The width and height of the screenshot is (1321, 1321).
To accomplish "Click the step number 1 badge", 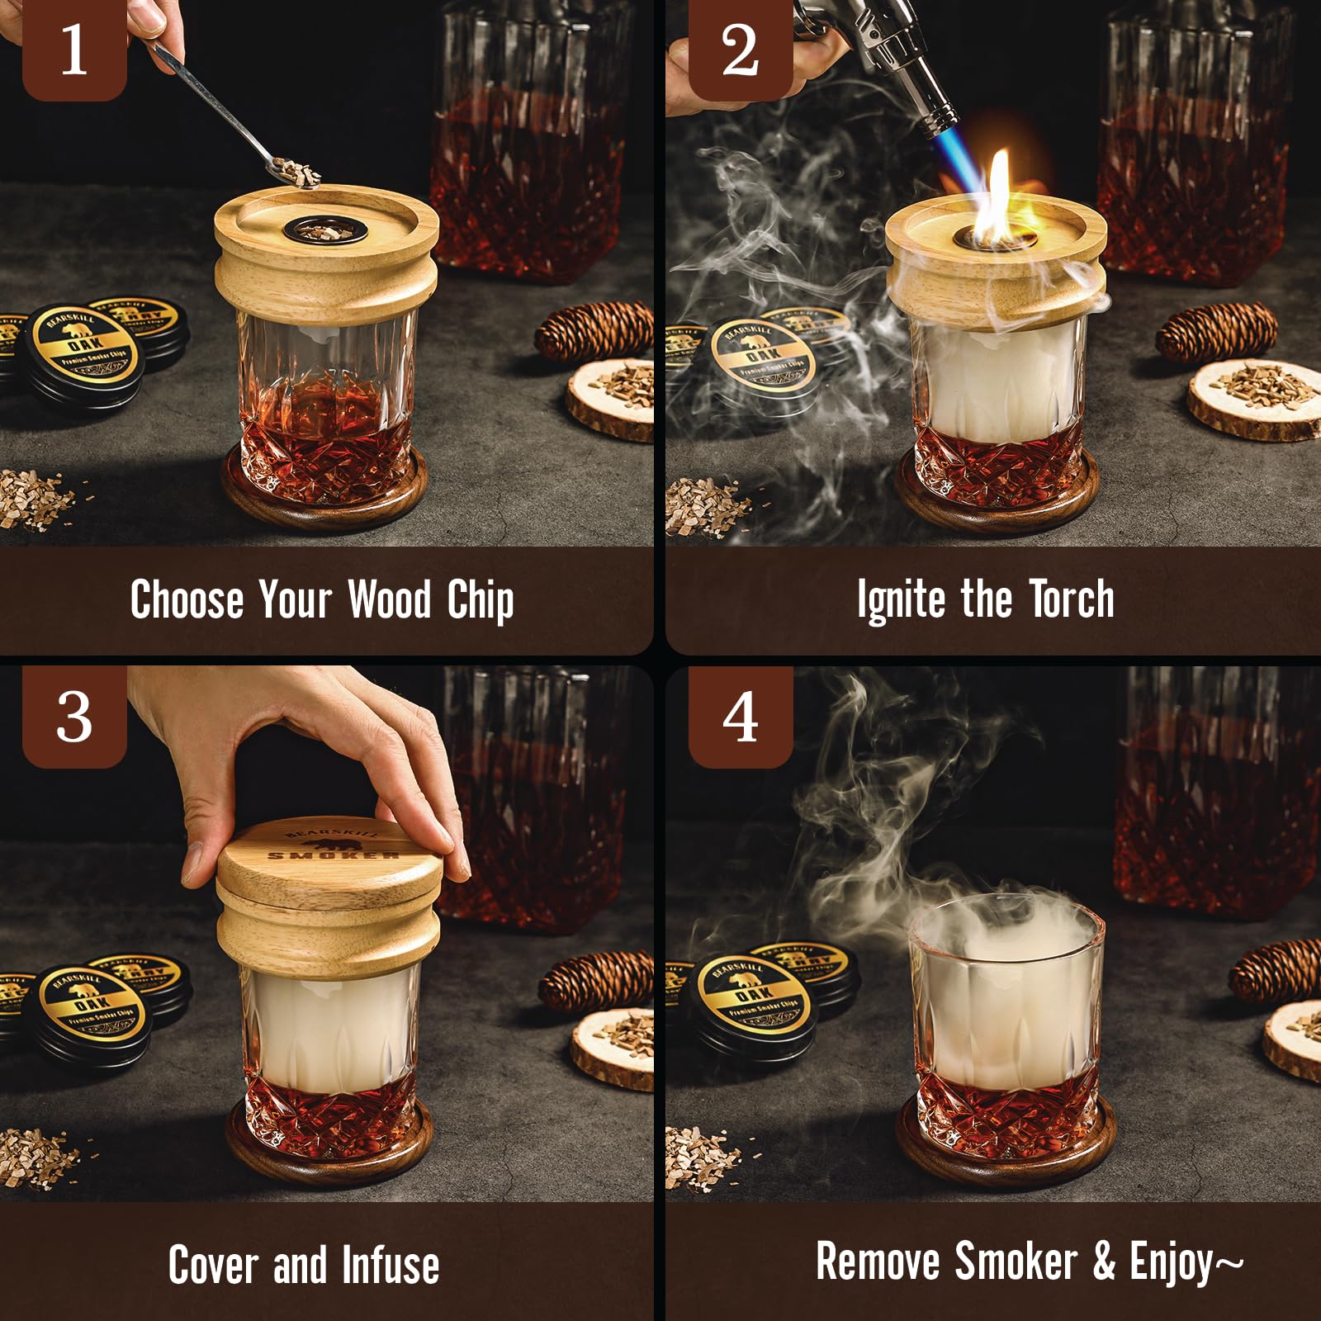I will (73, 50).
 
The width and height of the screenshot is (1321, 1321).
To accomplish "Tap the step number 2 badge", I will (740, 50).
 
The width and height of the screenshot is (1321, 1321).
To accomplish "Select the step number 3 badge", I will (73, 717).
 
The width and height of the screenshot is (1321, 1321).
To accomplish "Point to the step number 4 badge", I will (740, 717).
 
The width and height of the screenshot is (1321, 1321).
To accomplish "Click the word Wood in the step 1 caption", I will (389, 599).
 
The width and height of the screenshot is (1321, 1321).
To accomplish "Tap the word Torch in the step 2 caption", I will (1072, 599).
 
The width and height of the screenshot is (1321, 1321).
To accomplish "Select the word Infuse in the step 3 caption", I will (391, 1265).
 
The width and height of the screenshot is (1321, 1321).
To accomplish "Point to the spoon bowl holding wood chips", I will (293, 173).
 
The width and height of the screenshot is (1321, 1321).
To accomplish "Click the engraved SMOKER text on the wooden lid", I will (334, 855).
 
